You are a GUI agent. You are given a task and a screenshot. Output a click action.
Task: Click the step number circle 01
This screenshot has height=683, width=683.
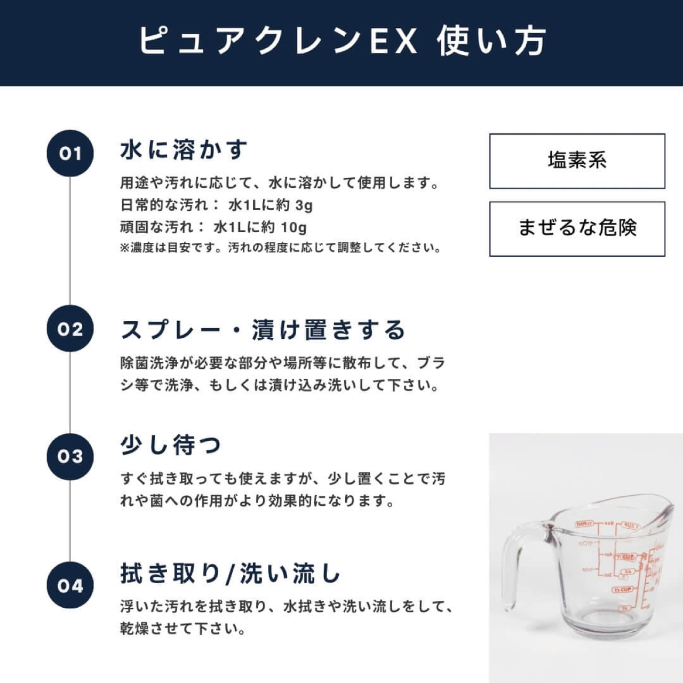[x=70, y=153]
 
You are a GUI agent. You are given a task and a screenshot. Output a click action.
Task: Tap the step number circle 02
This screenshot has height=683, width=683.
[x=70, y=329]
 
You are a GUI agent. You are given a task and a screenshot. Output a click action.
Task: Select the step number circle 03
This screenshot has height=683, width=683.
[x=70, y=456]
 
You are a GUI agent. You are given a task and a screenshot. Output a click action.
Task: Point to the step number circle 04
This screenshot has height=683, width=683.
[x=70, y=585]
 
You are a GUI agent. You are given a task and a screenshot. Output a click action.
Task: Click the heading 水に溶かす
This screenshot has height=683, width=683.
[x=184, y=150]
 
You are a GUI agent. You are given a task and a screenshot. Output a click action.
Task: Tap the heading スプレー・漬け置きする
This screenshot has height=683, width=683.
[x=263, y=330]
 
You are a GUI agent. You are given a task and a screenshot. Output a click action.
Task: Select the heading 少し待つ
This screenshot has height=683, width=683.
[x=171, y=445]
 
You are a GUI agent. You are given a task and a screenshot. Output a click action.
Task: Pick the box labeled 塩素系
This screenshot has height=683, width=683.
[x=577, y=161]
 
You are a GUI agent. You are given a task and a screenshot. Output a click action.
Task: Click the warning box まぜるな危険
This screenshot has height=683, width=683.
[x=577, y=228]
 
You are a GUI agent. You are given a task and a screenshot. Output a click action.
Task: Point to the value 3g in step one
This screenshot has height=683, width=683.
[x=304, y=205]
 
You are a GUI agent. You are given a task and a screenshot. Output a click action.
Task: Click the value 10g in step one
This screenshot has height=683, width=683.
[x=293, y=228]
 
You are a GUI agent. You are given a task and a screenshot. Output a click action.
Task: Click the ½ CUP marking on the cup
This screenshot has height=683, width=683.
[x=622, y=590]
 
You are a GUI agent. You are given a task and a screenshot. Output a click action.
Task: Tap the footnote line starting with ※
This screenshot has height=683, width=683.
[x=281, y=248]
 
